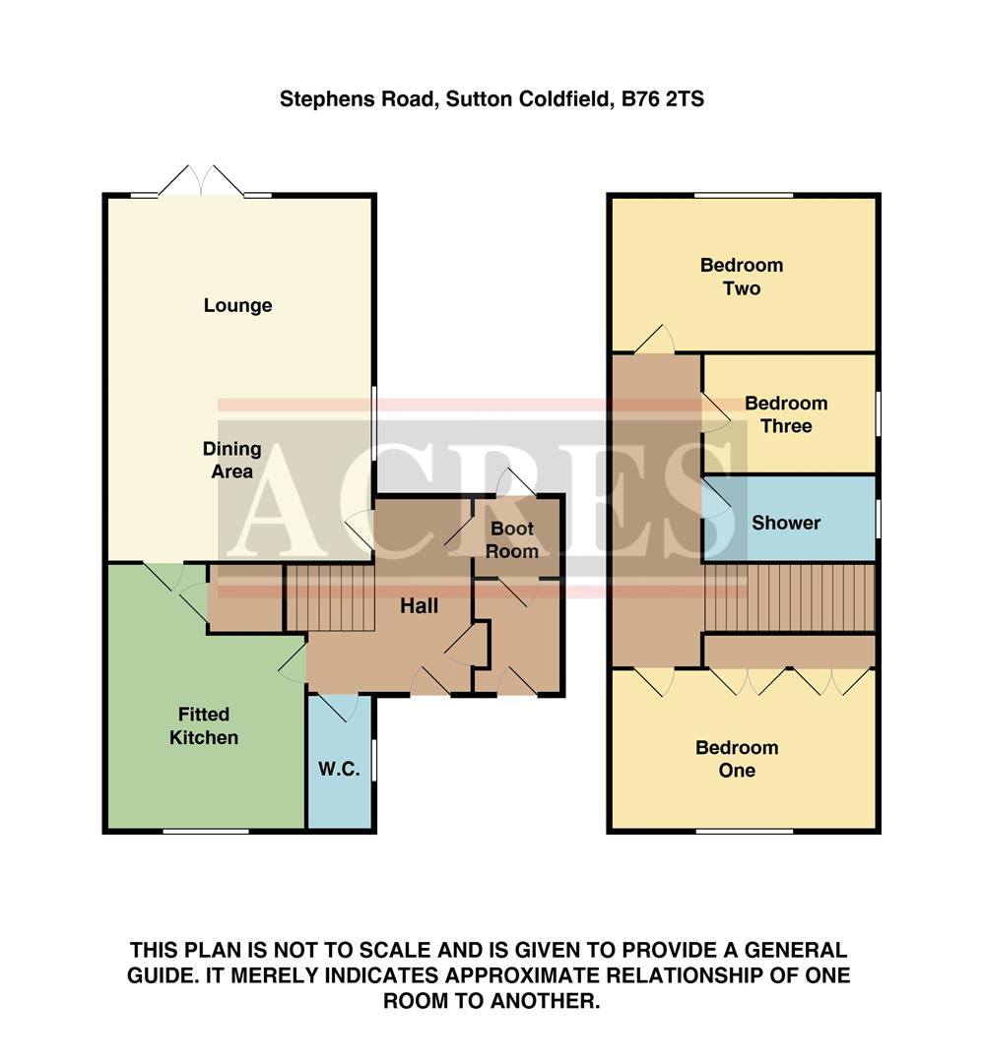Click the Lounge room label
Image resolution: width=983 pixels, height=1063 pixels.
click(x=237, y=306)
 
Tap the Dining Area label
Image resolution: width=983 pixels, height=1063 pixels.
click(x=232, y=460)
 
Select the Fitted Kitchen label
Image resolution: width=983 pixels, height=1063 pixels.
click(x=204, y=725)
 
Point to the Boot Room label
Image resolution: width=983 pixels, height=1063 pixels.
click(x=512, y=540)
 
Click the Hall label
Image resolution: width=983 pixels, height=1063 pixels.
click(x=419, y=607)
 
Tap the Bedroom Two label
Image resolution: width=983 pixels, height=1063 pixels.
click(x=742, y=277)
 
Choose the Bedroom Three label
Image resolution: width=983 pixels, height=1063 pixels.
click(x=786, y=414)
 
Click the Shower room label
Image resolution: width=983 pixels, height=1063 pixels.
click(x=786, y=523)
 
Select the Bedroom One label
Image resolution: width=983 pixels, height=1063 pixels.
click(x=737, y=758)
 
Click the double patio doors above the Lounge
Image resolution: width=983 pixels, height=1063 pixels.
click(x=202, y=182)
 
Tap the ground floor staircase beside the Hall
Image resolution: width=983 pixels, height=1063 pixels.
click(x=330, y=596)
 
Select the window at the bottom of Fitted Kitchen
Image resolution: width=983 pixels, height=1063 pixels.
click(x=206, y=832)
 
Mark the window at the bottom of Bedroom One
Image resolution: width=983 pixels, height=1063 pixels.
click(x=744, y=832)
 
